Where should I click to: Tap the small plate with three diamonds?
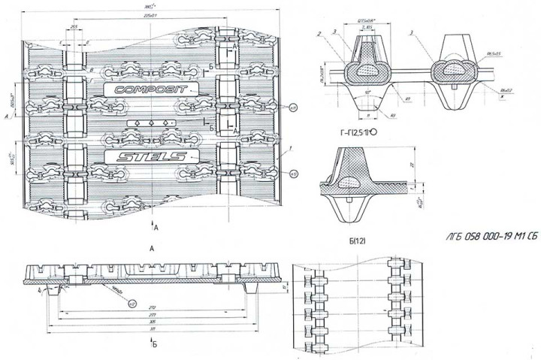(x=153, y=123)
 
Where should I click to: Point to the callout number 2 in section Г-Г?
(x=319, y=34)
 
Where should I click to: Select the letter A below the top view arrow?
(x=152, y=247)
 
